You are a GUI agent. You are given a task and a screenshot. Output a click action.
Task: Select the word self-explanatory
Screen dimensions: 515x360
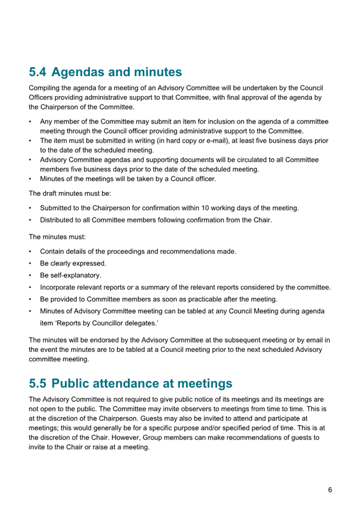[71, 276]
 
